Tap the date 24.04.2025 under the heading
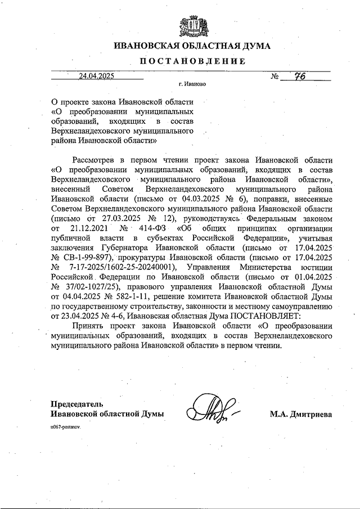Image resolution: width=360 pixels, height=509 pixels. click(x=96, y=77)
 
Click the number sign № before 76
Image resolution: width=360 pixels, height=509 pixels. click(x=276, y=78)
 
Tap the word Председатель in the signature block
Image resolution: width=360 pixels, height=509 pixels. click(x=78, y=404)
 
